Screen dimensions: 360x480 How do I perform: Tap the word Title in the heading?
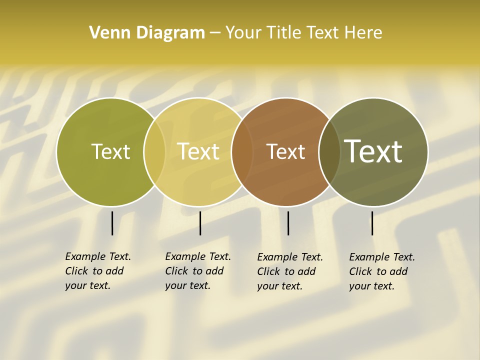click(x=283, y=32)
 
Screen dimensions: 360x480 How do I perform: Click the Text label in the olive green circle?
click(x=110, y=151)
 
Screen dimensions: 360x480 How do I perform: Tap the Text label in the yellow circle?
click(x=198, y=151)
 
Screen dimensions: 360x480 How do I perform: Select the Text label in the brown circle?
click(x=285, y=151)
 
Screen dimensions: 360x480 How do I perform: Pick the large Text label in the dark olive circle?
click(x=373, y=151)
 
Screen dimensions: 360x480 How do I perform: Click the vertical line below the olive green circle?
click(x=112, y=223)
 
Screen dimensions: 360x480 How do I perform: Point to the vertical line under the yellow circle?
click(x=200, y=223)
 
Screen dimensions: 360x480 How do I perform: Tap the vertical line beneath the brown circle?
click(x=288, y=223)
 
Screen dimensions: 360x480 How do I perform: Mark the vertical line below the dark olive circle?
click(x=372, y=223)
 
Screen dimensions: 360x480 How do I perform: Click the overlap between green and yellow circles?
click(x=154, y=152)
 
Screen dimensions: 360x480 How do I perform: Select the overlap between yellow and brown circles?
click(x=241, y=152)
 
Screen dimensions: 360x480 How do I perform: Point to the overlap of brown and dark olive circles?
click(x=329, y=152)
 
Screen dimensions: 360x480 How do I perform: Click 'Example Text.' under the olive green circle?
click(x=98, y=256)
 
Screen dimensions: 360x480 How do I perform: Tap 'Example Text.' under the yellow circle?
click(x=198, y=256)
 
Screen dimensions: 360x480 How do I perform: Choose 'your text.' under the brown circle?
click(x=279, y=286)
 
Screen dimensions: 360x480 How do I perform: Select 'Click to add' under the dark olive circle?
click(x=378, y=271)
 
